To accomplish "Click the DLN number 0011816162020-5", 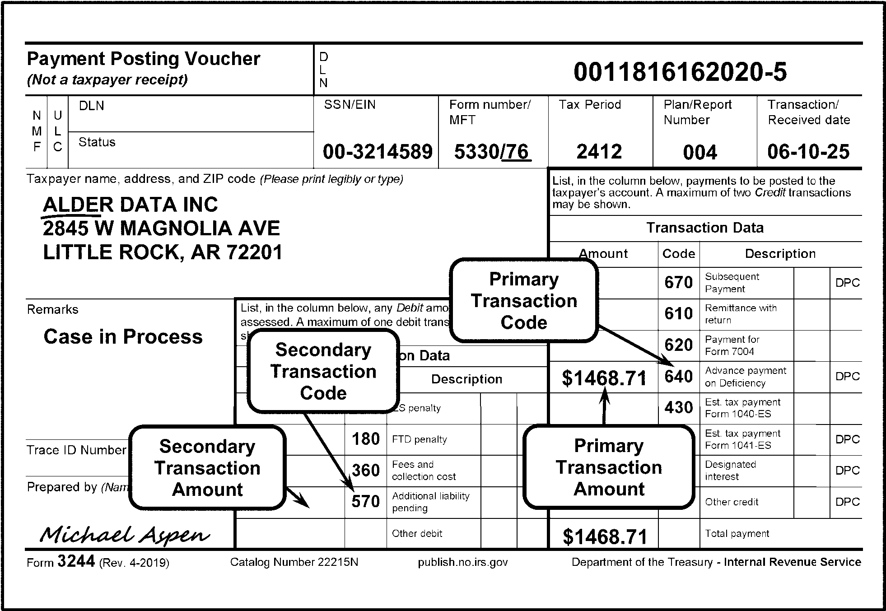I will coord(680,72).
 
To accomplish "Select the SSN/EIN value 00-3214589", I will coord(378,152).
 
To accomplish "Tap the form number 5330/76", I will coord(492,152).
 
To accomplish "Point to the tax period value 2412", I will coord(599,152).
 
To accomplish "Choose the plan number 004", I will coord(699,153).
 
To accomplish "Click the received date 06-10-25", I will coord(808,152).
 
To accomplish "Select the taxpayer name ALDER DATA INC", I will coord(130,205).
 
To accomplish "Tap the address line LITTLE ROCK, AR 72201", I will coord(163,252).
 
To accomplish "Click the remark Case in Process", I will coord(123,337).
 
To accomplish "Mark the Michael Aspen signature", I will coord(124,535).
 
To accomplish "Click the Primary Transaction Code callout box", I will coord(524,301).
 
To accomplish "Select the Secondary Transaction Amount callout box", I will coord(207,468).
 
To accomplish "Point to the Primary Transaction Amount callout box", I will coord(609,467).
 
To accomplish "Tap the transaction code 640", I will coord(678,376).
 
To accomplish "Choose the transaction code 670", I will coord(678,283).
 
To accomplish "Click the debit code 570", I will coord(365,502).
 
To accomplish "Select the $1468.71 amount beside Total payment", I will coord(605,536).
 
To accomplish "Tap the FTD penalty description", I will coord(419,439).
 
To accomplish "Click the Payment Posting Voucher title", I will coord(144,59).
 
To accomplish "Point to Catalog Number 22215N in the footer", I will coord(294,562).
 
